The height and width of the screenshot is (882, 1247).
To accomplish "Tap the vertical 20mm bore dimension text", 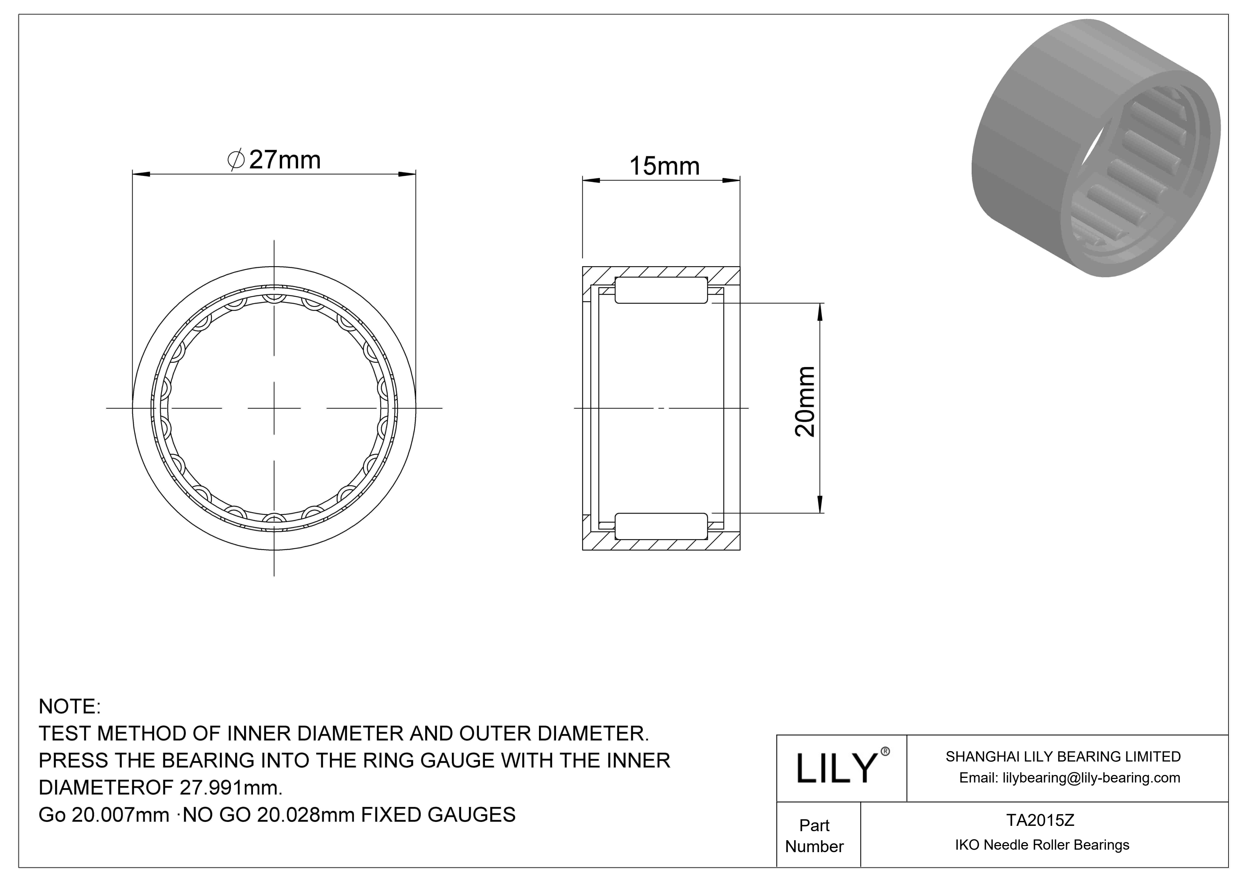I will click(805, 402).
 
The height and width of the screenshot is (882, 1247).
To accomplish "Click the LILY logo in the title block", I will click(836, 769).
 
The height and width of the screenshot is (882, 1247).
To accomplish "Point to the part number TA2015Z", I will click(1040, 820).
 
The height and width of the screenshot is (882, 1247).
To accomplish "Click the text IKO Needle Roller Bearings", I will click(1042, 845).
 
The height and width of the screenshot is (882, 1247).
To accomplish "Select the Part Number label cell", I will click(814, 836).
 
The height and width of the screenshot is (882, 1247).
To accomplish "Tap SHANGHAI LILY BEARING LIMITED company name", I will click(1063, 757).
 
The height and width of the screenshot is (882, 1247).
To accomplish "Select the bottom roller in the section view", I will click(661, 526).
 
